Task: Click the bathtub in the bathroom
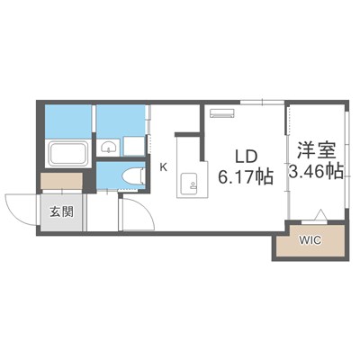[67, 153]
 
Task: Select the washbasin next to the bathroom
[109, 148]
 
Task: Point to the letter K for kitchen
[164, 166]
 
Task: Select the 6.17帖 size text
[246, 175]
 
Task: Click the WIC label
[309, 241]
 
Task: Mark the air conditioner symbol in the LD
[221, 113]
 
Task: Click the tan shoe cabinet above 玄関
[60, 182]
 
